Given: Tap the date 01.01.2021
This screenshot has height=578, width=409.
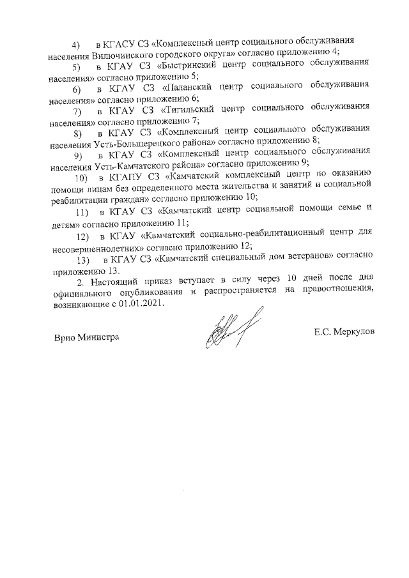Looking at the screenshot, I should coord(143,305).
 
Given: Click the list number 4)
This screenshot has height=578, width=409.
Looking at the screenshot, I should coord(76,45).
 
